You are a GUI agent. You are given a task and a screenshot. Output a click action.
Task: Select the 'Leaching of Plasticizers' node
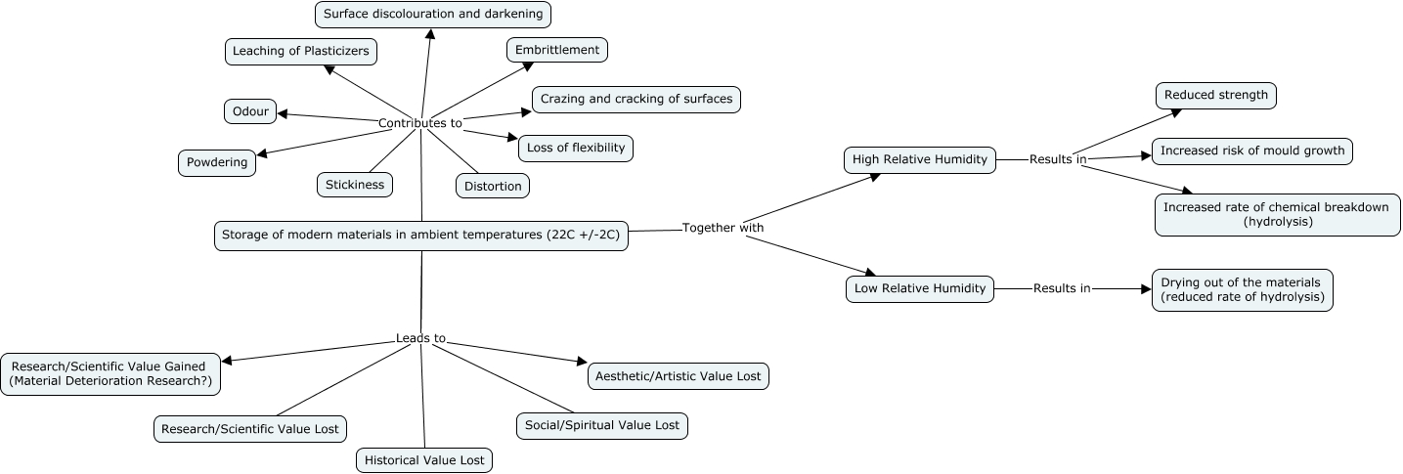pos(300,52)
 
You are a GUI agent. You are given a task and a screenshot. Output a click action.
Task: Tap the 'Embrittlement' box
pos(557,50)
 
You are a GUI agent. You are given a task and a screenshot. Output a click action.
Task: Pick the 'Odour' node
pos(250,111)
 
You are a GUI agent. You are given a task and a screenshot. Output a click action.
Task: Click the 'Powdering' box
pos(217,163)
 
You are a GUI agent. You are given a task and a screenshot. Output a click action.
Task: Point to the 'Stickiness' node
pos(355,185)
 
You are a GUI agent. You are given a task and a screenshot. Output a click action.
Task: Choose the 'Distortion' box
pos(493,186)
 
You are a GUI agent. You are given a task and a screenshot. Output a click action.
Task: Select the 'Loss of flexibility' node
pos(576,149)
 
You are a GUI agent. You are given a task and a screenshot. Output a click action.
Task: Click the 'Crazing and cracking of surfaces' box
pos(636,100)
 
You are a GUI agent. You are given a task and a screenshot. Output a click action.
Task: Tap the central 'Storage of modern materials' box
pos(420,236)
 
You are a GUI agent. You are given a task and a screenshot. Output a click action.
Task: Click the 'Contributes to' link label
pos(420,123)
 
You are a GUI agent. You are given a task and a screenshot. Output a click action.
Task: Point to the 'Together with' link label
pos(723,228)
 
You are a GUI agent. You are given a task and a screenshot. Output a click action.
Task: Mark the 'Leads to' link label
pos(420,338)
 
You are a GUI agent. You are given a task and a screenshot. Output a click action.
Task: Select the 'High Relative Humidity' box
pos(920,160)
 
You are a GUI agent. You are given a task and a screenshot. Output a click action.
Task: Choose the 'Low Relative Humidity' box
pos(920,289)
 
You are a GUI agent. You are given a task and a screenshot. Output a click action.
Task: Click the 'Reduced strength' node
pos(1215,95)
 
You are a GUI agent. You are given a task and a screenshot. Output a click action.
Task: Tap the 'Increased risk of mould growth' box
pos(1252,151)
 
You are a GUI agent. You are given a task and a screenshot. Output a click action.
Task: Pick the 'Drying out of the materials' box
pos(1242,290)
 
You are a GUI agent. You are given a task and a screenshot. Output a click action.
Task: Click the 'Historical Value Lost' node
pos(423,460)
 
